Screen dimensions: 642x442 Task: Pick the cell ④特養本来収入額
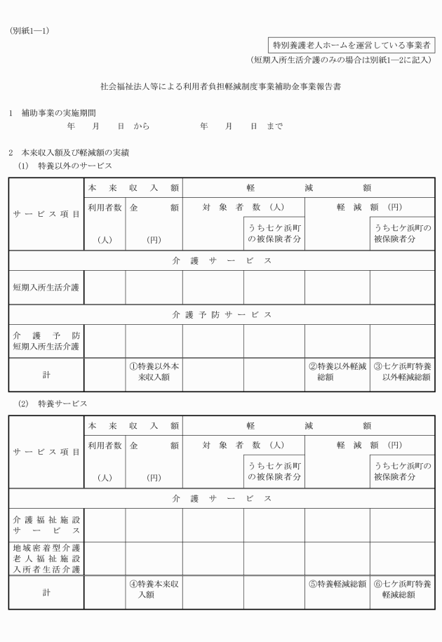(154, 589)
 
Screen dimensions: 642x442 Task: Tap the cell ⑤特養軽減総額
(337, 584)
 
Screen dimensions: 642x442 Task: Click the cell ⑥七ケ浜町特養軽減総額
(402, 589)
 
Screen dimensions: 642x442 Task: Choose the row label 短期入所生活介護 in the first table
(46, 287)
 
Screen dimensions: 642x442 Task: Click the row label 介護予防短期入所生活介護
(46, 340)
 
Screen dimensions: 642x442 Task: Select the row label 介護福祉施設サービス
(46, 526)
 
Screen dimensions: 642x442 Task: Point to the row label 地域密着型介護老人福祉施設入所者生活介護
(46, 559)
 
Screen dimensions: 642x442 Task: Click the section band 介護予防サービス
(221, 314)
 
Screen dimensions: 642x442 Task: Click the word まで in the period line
(275, 126)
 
